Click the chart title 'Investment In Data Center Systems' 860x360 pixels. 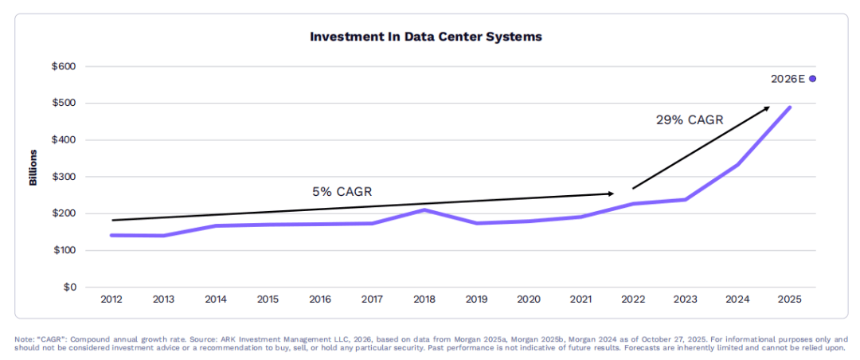pos(426,37)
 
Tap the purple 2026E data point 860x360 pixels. pos(812,79)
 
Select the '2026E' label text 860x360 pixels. pos(788,79)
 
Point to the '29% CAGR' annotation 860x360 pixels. pos(689,120)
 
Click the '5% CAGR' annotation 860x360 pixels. pos(342,192)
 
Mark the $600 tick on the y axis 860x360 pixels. pos(63,67)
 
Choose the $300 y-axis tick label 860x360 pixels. pos(63,177)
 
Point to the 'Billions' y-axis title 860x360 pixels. pos(33,167)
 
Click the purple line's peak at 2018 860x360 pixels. pos(424,210)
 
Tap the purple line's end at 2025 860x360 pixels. pos(790,108)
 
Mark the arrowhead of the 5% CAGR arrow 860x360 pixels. pos(611,194)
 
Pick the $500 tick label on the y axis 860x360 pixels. pos(63,104)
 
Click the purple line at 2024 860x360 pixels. pos(737,165)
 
